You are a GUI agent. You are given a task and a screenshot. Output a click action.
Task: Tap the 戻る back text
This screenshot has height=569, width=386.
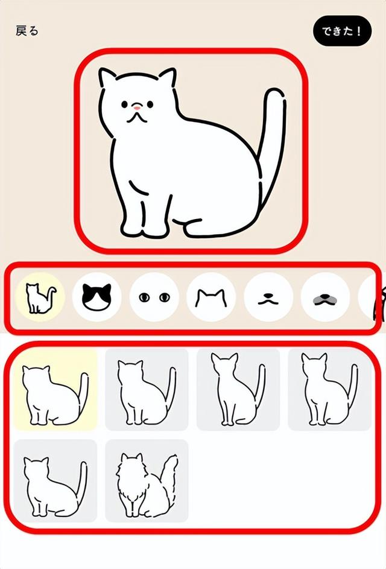point(27,31)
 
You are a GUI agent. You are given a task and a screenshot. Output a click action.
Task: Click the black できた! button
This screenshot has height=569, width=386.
point(341,31)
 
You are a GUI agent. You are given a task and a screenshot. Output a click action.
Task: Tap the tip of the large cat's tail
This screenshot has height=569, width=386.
point(274,94)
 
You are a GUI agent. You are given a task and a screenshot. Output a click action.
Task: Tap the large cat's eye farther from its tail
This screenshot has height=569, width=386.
point(124,104)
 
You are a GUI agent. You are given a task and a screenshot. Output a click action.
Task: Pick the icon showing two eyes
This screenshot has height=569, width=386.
point(154,297)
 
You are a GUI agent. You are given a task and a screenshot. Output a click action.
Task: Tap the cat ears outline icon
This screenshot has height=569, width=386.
point(211,297)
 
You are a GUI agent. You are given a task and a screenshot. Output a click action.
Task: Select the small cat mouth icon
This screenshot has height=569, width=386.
point(268,297)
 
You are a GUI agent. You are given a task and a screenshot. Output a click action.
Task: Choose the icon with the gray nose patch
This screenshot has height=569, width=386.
point(326,297)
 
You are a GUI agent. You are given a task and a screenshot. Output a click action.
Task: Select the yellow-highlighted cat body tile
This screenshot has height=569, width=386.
point(55,389)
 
